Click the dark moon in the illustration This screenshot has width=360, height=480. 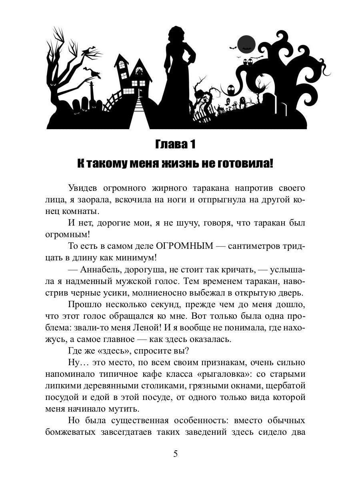[x=246, y=44]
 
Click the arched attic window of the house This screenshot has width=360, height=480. [x=139, y=71]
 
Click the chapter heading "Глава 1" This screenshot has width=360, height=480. [x=175, y=144]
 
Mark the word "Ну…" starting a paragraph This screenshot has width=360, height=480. [x=76, y=363]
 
